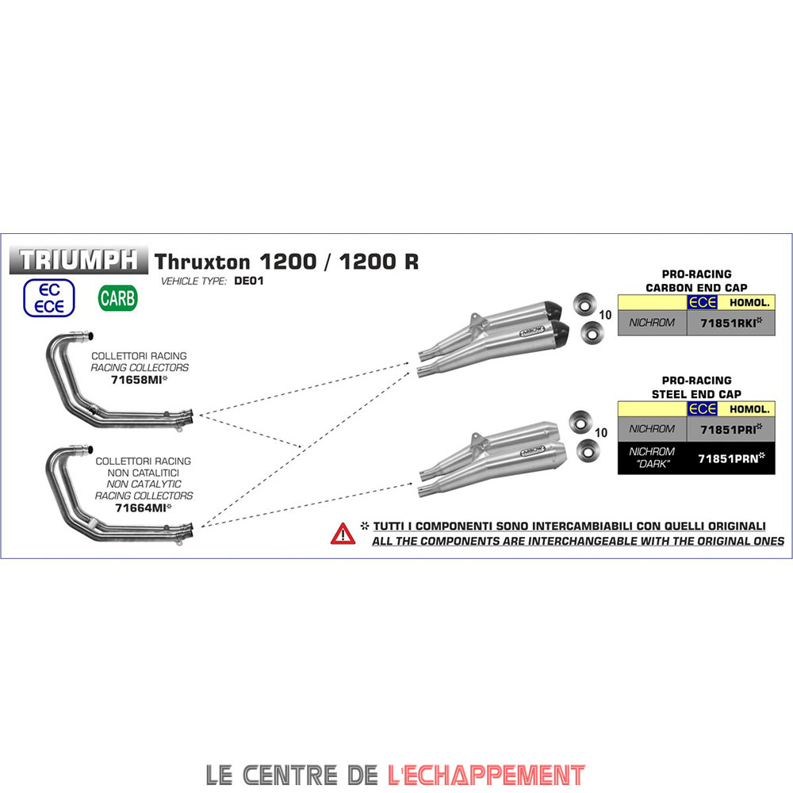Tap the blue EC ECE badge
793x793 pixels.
49,297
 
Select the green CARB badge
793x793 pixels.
118,298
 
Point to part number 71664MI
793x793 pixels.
144,508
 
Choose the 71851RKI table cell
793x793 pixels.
730,323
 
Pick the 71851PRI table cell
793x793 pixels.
730,428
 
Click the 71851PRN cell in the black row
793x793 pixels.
730,458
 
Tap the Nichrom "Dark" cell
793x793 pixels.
652,458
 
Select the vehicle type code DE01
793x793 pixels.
249,282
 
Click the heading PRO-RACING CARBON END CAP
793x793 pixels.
695,281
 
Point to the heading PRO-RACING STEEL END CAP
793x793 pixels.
695,387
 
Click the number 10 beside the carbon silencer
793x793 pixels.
605,316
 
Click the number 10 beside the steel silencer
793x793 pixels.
601,433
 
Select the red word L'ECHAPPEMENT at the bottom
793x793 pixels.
487,774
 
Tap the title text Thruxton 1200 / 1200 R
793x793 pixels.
286,261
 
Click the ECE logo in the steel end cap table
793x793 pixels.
703,408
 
